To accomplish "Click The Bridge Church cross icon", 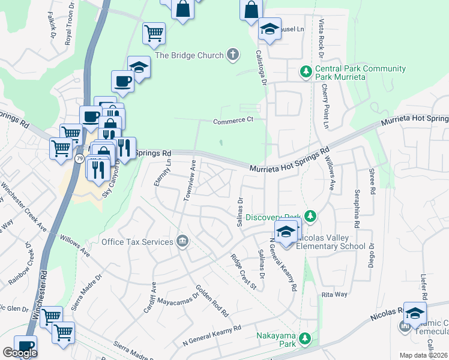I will pyautogui.click(x=233, y=55).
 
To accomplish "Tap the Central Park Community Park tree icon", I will pyautogui.click(x=306, y=73).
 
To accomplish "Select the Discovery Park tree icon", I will pyautogui.click(x=310, y=215).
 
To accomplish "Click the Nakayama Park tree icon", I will pyautogui.click(x=306, y=339).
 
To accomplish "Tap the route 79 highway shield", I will pyautogui.click(x=80, y=159).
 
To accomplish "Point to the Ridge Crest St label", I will pyautogui.click(x=244, y=272).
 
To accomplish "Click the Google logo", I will pyautogui.click(x=20, y=353).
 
